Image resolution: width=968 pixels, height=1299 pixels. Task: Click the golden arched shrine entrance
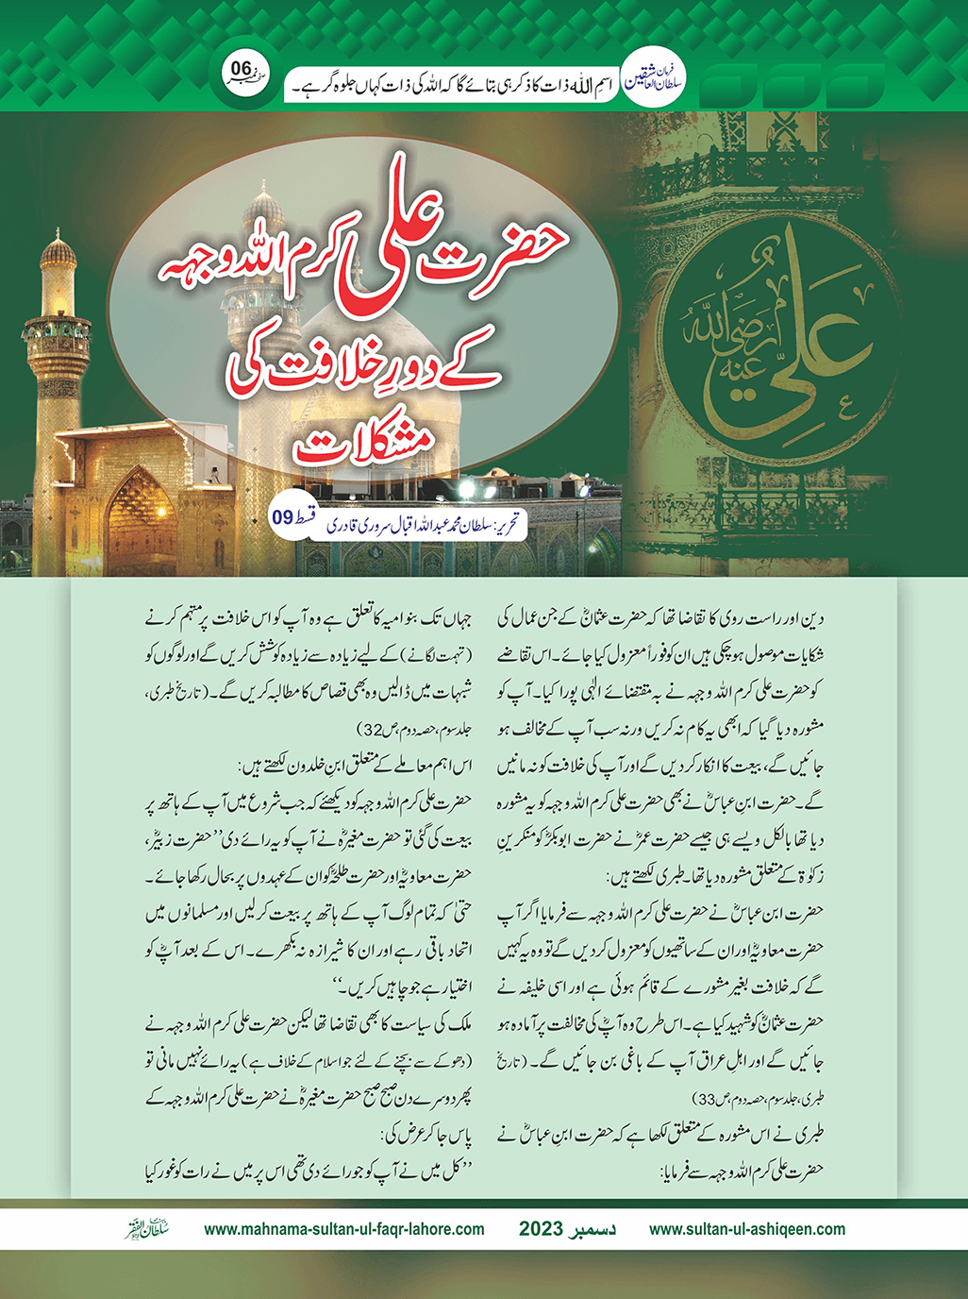(x=142, y=510)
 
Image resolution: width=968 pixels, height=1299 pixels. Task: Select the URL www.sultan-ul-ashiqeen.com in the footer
(x=747, y=1229)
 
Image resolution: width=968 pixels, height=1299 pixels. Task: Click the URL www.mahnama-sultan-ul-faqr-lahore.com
(x=344, y=1229)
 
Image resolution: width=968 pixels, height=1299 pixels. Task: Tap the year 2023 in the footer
(x=540, y=1229)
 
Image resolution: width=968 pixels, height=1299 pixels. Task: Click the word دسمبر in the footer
(x=594, y=1229)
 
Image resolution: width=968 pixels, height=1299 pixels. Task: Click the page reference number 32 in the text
(x=368, y=730)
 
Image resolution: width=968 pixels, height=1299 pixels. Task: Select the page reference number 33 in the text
(x=705, y=1098)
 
